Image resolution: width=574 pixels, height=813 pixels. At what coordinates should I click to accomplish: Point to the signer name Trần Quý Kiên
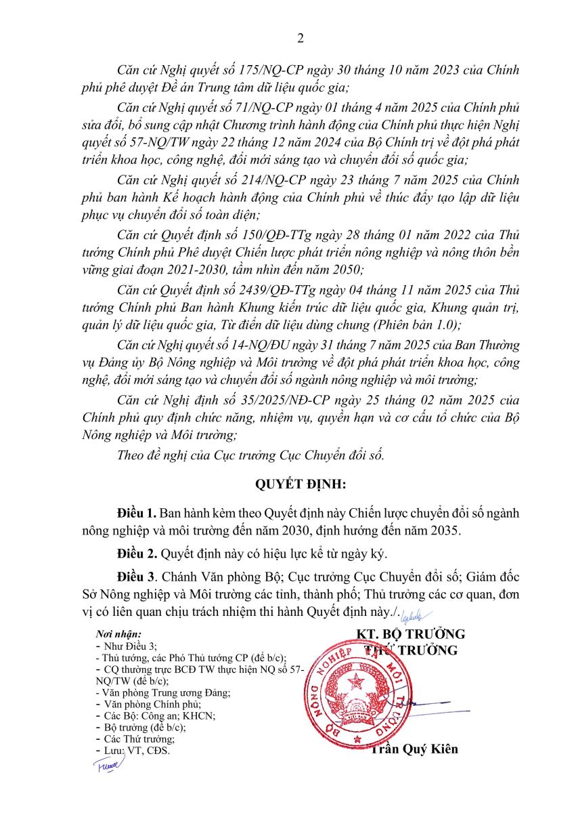pos(414,749)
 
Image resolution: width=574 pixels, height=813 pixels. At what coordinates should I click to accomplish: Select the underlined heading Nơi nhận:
pos(118,634)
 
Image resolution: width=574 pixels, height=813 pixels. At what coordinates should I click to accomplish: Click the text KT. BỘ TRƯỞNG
pos(411,634)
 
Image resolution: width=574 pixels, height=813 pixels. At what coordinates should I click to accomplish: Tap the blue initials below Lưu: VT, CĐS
pos(108,766)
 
